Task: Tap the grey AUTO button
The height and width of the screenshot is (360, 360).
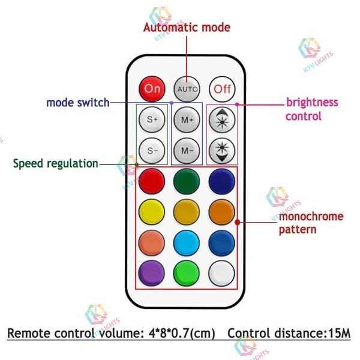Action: click(187, 89)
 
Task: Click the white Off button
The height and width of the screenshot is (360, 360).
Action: click(222, 89)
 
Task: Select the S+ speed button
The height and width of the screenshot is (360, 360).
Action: click(152, 119)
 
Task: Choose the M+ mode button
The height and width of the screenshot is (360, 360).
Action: click(187, 119)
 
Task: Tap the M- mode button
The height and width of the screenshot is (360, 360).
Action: click(187, 151)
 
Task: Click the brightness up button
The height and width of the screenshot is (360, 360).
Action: click(222, 119)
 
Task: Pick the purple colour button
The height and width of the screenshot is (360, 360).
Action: click(152, 273)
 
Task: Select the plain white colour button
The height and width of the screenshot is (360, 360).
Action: click(222, 273)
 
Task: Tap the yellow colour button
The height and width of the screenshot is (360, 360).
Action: click(152, 212)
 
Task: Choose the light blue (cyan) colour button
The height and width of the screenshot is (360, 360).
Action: click(187, 242)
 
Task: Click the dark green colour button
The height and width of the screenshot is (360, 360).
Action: click(187, 181)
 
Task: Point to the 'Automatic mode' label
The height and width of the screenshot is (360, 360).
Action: click(187, 28)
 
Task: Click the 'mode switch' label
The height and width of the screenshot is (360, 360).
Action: click(78, 103)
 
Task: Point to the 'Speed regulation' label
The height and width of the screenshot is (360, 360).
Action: click(56, 164)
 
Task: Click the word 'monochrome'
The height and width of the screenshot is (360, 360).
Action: click(311, 216)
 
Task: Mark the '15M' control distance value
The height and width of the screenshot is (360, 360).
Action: click(340, 333)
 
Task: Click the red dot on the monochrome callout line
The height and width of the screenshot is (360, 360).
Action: click(238, 222)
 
